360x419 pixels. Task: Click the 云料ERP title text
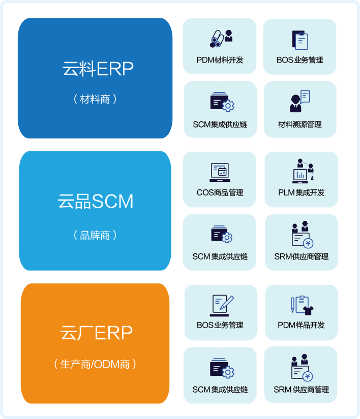click(x=98, y=69)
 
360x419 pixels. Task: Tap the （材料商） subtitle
click(x=95, y=99)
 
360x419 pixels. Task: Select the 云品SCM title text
click(x=96, y=202)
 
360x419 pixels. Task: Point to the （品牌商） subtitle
click(x=95, y=235)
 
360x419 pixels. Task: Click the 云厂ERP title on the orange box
click(x=96, y=333)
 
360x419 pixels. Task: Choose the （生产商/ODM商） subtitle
click(x=95, y=364)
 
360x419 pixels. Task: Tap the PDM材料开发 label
click(x=220, y=60)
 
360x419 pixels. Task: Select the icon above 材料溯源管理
click(x=299, y=102)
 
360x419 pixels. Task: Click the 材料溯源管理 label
click(x=300, y=124)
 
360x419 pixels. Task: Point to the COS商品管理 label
click(x=220, y=192)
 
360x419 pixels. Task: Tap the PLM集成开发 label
click(x=301, y=192)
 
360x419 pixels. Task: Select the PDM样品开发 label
click(x=301, y=325)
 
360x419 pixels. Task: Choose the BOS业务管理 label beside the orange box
click(x=220, y=325)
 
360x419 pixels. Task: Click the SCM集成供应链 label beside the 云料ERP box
click(x=220, y=124)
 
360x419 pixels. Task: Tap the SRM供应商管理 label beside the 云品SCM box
click(x=301, y=256)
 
